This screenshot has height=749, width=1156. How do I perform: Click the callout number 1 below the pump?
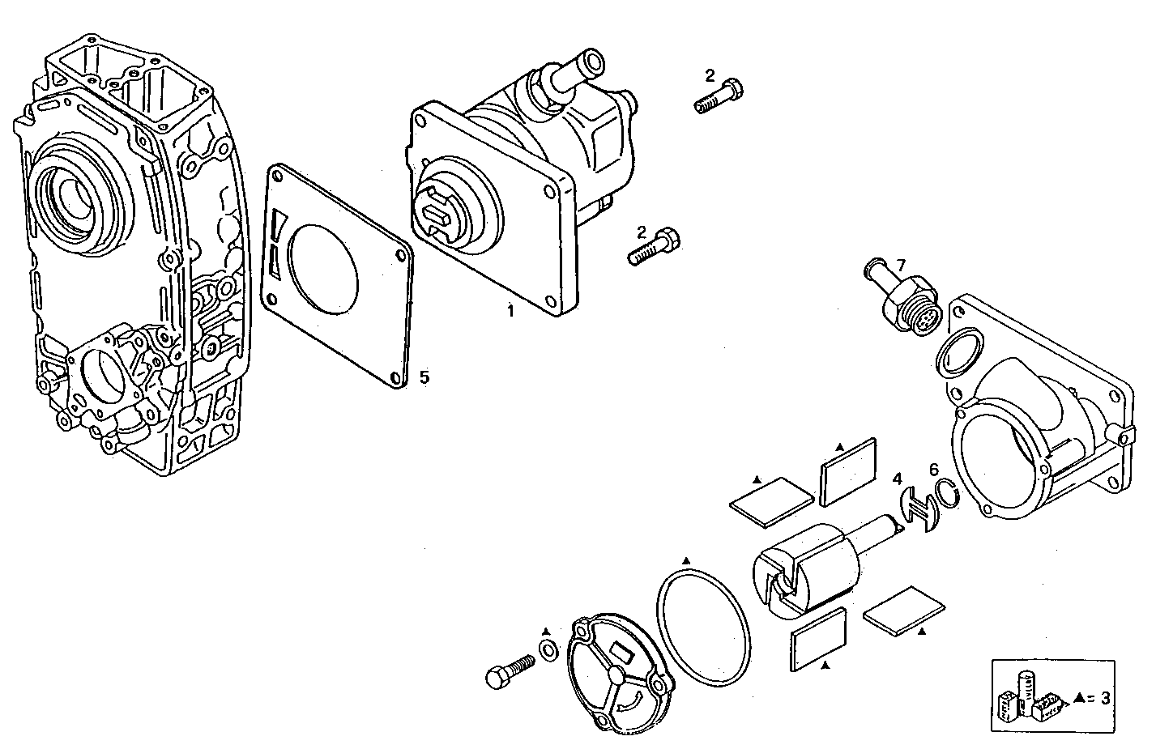[x=510, y=311]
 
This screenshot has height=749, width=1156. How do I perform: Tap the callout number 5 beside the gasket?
[x=424, y=377]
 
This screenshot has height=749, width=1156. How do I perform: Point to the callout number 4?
[x=897, y=479]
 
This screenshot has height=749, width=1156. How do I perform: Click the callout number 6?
[x=933, y=469]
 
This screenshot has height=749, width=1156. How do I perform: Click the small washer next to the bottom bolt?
[x=548, y=648]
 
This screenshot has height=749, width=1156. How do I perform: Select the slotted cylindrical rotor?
[x=806, y=570]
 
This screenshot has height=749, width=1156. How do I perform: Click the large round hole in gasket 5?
[x=323, y=269]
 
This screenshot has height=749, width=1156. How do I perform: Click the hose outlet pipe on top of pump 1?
[x=578, y=69]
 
